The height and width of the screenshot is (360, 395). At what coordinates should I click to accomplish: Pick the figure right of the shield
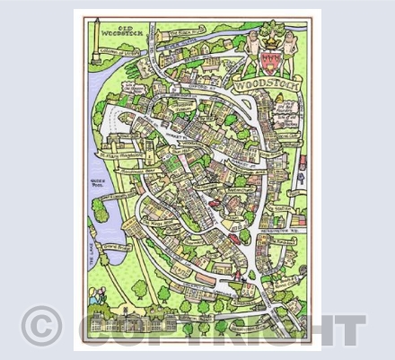coord(286,45)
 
